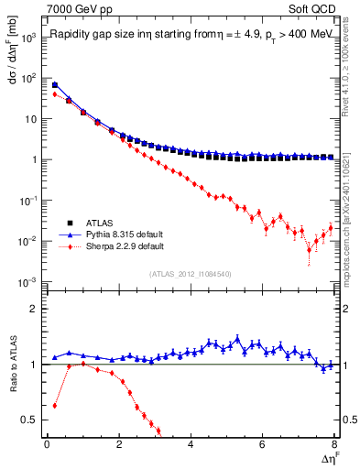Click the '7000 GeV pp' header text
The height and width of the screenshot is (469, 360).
(76, 8)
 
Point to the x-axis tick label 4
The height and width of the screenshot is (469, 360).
(191, 444)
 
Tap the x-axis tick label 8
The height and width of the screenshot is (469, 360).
(334, 444)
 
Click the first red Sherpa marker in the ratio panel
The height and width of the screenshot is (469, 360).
(55, 405)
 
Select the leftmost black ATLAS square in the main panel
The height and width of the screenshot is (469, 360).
(55, 85)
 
